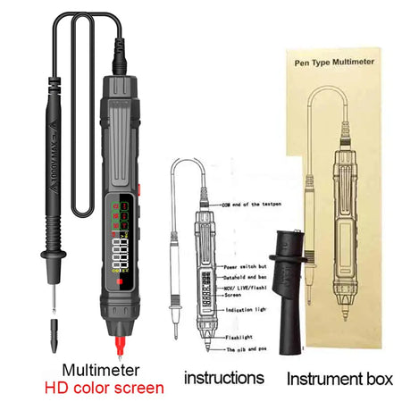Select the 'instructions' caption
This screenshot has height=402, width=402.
coord(223,378)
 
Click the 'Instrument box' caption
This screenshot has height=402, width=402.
coord(339,378)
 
